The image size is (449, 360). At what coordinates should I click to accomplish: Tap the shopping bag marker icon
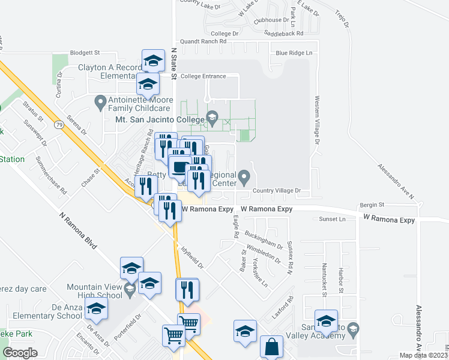click(271, 347)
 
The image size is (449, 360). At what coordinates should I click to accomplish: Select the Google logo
click(20, 353)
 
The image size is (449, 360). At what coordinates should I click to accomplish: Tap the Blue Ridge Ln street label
click(295, 53)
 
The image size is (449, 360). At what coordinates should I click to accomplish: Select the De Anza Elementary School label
click(41, 311)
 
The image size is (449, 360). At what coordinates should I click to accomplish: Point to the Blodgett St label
click(84, 53)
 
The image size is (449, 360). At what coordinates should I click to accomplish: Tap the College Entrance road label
click(203, 76)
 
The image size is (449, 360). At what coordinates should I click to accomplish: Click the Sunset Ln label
click(333, 219)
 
